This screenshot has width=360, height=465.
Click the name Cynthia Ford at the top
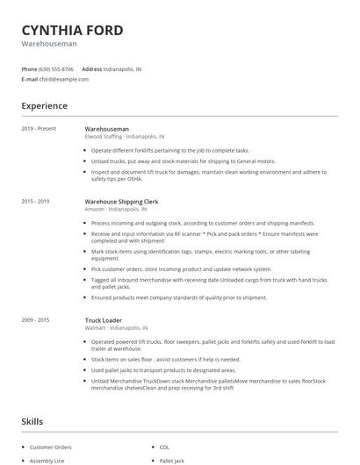(72, 30)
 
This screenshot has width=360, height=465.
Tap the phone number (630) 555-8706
(56, 68)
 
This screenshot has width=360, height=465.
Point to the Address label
(91, 68)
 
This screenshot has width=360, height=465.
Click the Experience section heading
(44, 106)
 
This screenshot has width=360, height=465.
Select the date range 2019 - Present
(39, 129)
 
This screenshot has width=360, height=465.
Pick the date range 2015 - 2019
(35, 202)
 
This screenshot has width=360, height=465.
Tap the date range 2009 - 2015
(35, 320)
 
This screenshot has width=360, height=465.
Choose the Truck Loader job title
(104, 320)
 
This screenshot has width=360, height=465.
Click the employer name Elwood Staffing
(104, 137)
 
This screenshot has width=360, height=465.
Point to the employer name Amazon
(95, 210)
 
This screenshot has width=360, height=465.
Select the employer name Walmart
(96, 328)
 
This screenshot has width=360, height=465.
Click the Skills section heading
(32, 422)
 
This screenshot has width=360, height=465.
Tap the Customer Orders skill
(50, 446)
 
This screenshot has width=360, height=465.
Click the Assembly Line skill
(47, 460)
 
